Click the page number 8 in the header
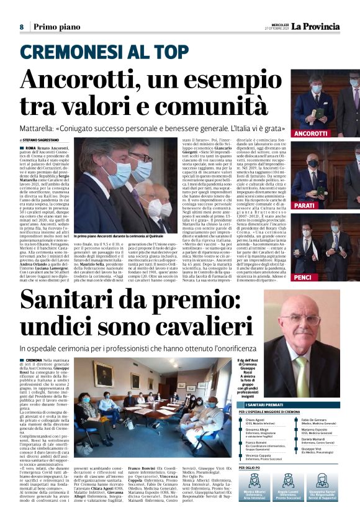(x=21, y=27)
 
